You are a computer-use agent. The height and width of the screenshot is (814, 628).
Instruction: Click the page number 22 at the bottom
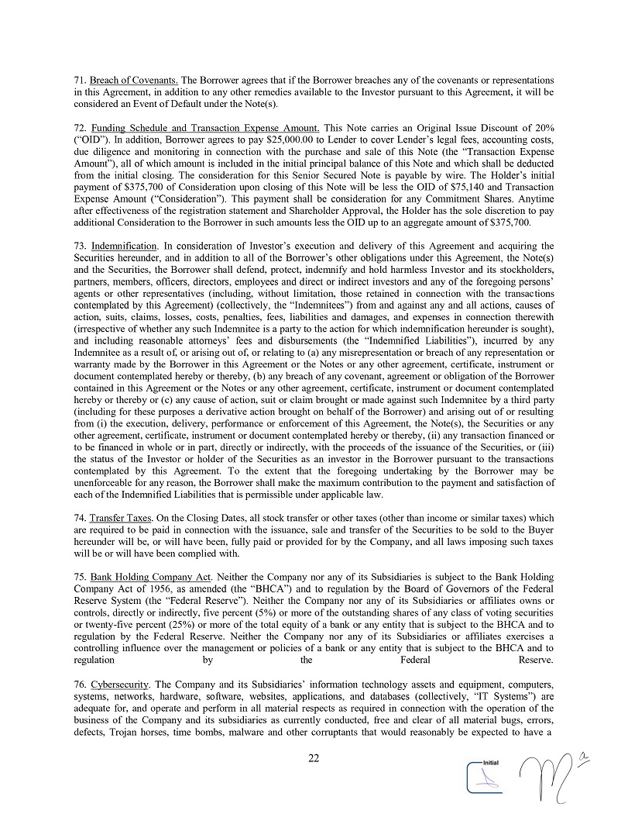314,759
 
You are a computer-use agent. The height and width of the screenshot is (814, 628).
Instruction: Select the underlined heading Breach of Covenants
134,81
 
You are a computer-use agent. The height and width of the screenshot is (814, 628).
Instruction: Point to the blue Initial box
486,775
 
